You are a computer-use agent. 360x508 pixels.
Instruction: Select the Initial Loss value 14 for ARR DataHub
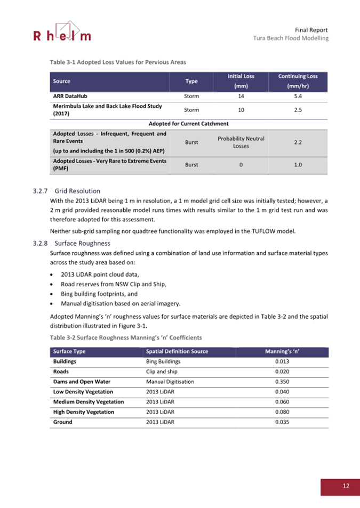coord(241,96)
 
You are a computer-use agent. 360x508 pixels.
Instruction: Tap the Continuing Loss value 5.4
coord(298,96)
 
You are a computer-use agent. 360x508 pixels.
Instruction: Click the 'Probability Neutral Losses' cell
coord(241,142)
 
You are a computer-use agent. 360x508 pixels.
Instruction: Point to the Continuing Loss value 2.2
coord(298,142)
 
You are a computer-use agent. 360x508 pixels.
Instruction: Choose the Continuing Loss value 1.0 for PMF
coord(298,165)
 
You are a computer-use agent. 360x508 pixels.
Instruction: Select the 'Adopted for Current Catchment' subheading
coord(189,123)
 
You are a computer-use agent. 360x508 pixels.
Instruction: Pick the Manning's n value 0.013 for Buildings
coord(282,361)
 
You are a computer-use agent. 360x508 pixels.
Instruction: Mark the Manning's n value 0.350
coord(282,381)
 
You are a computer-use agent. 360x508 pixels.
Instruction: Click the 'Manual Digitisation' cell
coord(170,381)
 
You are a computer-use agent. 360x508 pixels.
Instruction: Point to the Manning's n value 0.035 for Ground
coord(282,422)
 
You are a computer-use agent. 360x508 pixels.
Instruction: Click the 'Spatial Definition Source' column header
coord(177,351)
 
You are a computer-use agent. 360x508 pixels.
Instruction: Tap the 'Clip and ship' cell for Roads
coord(164,371)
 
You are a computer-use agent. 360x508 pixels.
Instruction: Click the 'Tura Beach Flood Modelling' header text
coord(291,38)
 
